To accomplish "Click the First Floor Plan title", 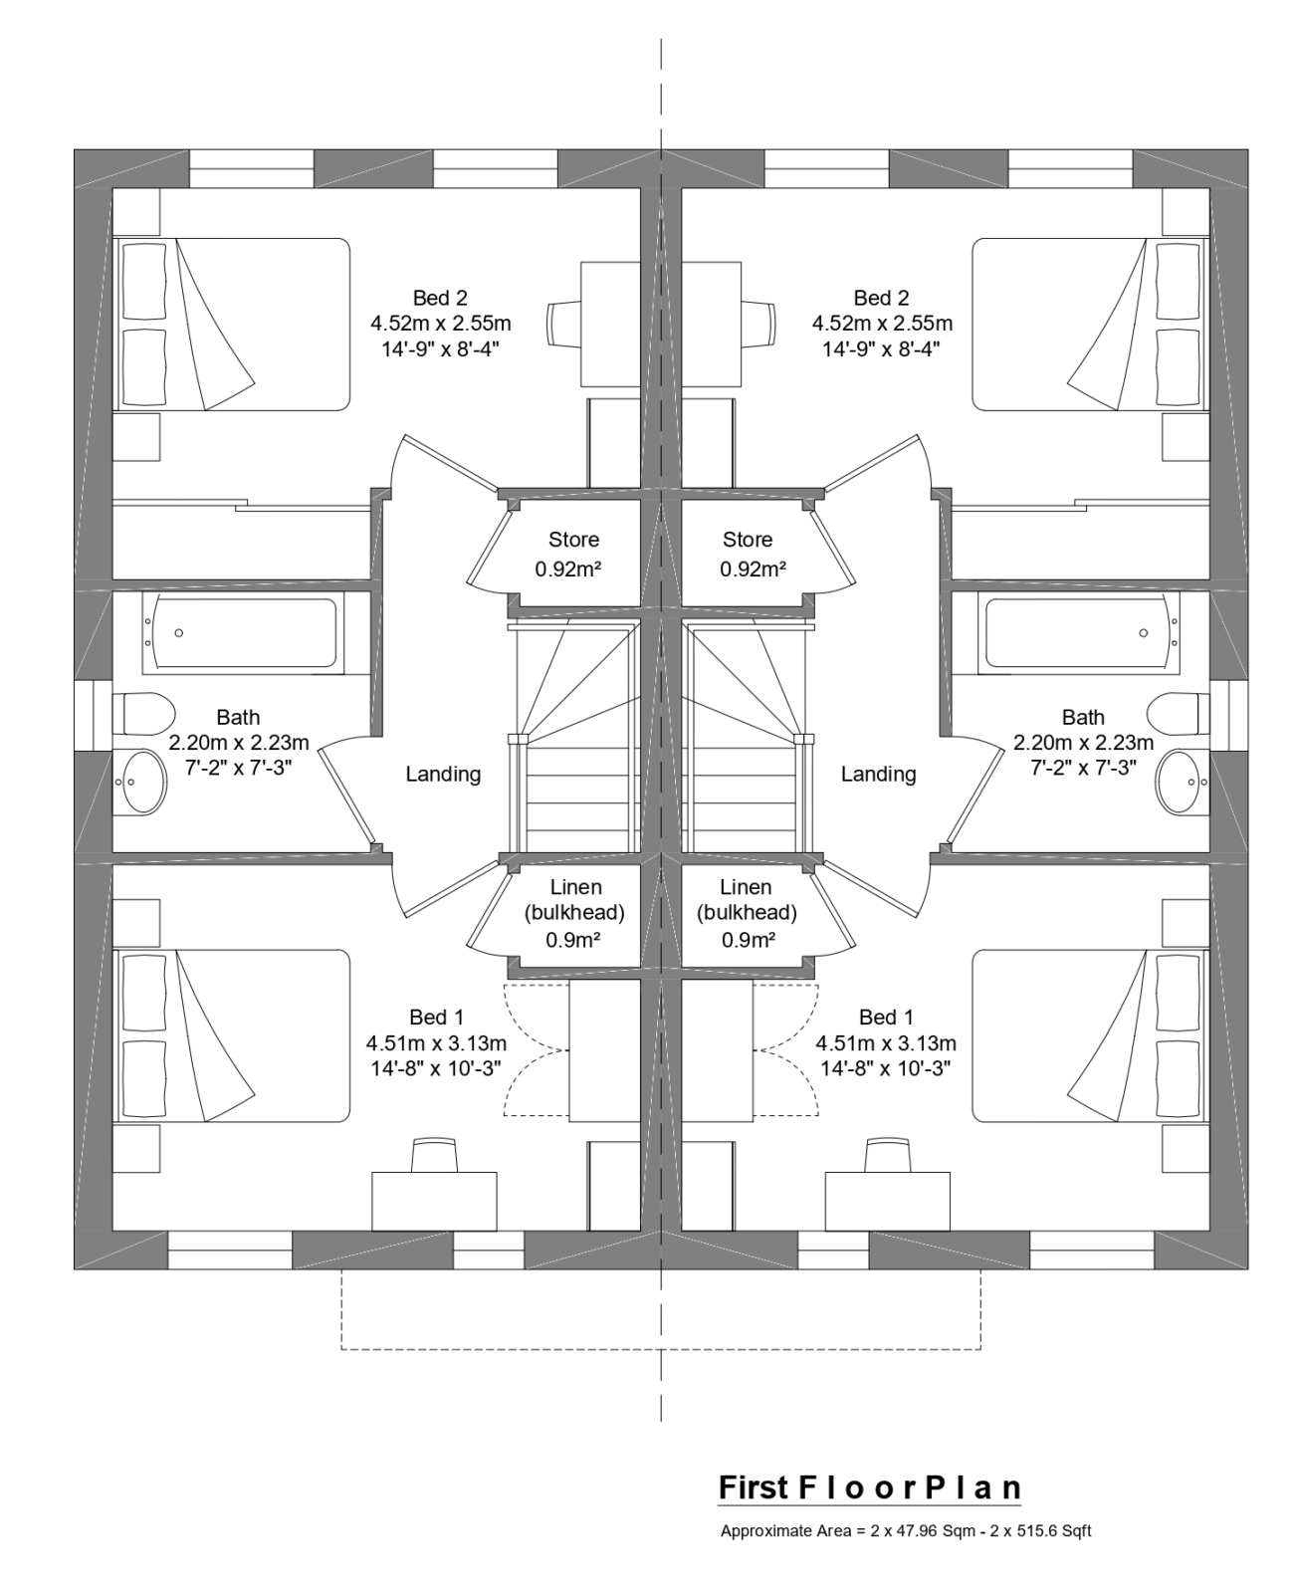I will coord(869,1487).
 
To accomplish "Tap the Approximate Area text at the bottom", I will coord(905,1531).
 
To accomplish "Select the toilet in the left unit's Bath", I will coord(145,713).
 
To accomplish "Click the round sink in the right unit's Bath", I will coord(1180,782).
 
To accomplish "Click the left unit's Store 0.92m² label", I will coord(573,555).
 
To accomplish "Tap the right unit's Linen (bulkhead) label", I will coord(746,912).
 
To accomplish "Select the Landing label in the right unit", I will coord(878,774).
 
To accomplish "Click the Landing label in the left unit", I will coord(443,774).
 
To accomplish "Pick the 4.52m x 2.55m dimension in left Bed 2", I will coord(440,324).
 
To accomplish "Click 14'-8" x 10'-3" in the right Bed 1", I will coord(885,1068).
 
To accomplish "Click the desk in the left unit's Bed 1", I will coord(434,1201).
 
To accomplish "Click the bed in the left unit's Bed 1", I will coord(234,1035).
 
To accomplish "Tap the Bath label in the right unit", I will coord(1083,717).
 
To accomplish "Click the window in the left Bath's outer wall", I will coord(92,714).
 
